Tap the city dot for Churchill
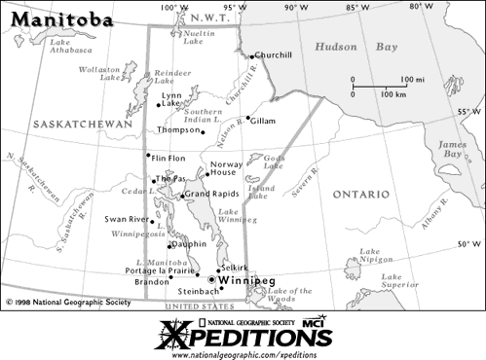pyautogui.click(x=251, y=56)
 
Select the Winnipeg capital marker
pyautogui.click(x=213, y=280)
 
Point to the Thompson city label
pyautogui.click(x=177, y=129)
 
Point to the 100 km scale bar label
pyautogui.click(x=393, y=94)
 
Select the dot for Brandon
pyautogui.click(x=171, y=277)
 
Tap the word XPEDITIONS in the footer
pyautogui.click(x=243, y=338)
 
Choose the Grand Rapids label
pyautogui.click(x=211, y=195)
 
